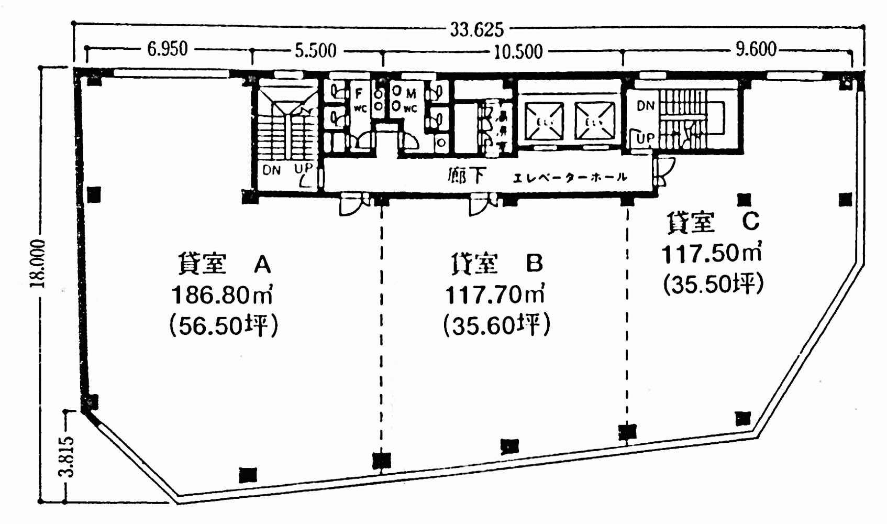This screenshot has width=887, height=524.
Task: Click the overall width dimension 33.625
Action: pos(476,29)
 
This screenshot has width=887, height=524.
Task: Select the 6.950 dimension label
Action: pos(167,49)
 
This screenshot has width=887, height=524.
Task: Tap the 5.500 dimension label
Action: pos(315,51)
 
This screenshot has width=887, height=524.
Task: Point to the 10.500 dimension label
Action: pos(517,52)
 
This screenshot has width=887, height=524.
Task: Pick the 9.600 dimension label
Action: pos(756,49)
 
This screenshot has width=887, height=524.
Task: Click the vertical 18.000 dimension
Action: pos(38,264)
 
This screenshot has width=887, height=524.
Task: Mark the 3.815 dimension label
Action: pos(67,456)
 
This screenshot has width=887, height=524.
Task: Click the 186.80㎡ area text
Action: pos(222,296)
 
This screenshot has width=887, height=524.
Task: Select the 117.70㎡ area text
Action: pos(495,295)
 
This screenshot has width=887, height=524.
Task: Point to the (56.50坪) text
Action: pos(224,326)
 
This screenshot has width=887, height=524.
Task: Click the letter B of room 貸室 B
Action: pos(534,264)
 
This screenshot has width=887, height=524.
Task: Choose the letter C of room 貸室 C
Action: pos(750,222)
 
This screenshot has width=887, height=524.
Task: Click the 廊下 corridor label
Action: pos(466,176)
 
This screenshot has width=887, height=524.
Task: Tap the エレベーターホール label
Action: pos(570,178)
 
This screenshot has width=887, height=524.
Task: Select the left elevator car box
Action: pos(544,122)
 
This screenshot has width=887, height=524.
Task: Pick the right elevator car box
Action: pos(595,122)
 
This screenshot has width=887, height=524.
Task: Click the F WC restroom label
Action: pos(360,100)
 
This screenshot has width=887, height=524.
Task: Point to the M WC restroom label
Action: pos(408,100)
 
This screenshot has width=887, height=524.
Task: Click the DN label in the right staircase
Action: pos(646,106)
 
